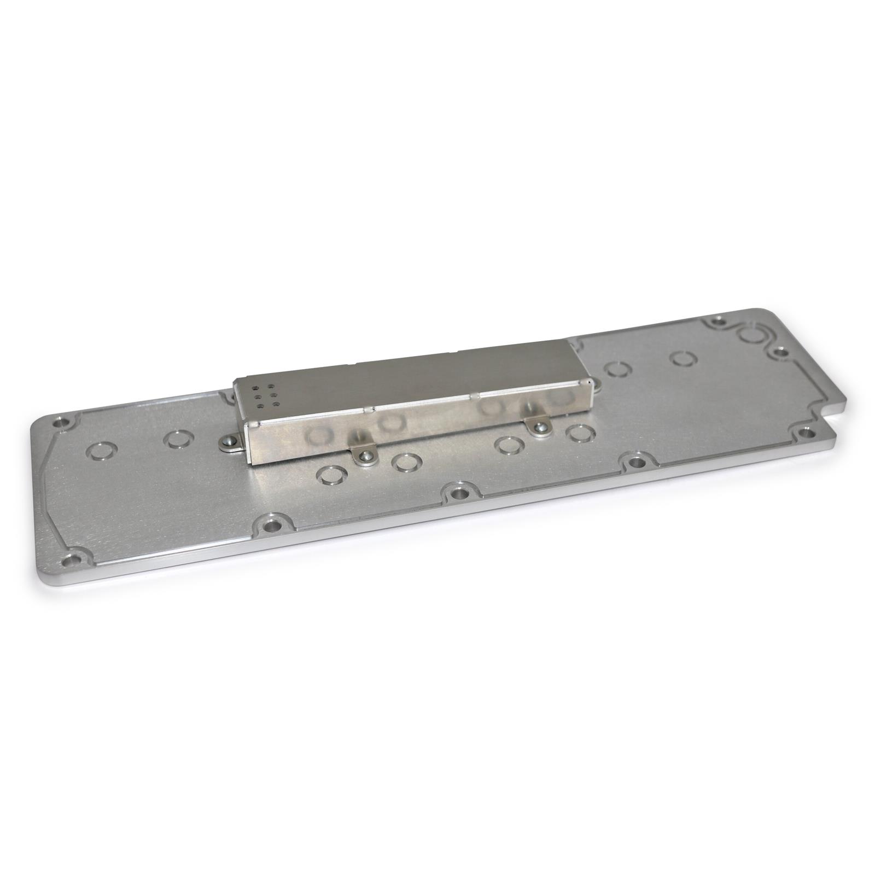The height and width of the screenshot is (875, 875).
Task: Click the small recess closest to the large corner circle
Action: pyautogui.click(x=682, y=358)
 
